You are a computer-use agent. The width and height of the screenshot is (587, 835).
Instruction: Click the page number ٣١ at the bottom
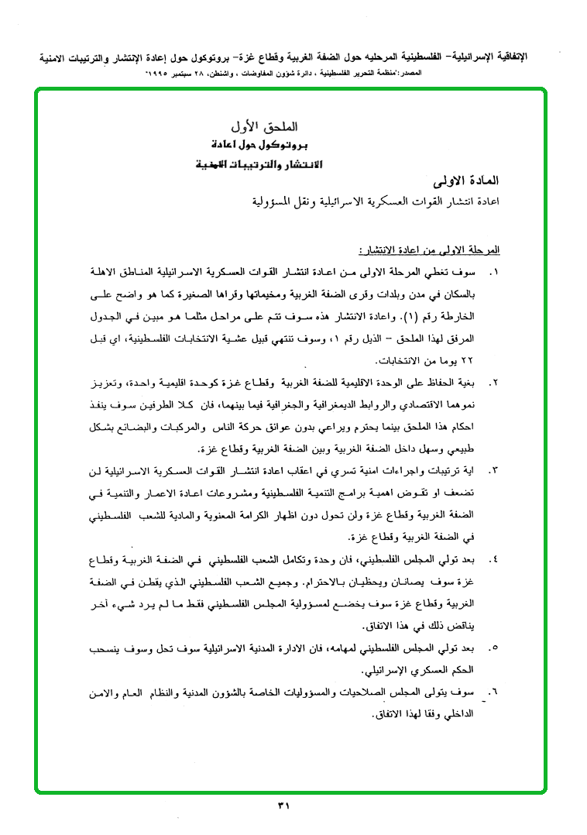[x=283, y=806]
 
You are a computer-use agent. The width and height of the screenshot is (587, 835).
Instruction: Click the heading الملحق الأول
[x=265, y=125]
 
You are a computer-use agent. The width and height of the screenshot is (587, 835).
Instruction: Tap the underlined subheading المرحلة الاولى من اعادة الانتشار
[x=429, y=250]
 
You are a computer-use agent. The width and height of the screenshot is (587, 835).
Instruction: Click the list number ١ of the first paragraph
[x=494, y=273]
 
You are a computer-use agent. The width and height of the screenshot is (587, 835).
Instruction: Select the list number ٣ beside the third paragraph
[x=494, y=470]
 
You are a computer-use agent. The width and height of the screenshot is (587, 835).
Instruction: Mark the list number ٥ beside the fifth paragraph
[x=494, y=646]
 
